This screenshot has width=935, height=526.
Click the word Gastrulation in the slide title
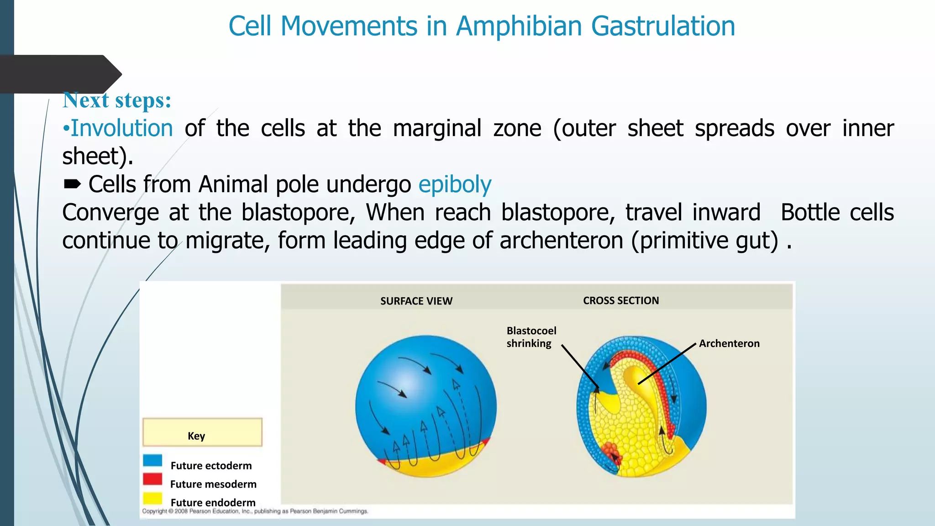coord(663,26)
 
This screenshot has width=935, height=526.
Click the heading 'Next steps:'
coord(117,100)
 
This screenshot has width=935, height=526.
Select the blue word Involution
coord(122,128)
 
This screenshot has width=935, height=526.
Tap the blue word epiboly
coord(455,185)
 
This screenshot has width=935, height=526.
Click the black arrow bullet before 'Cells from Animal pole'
coord(72,184)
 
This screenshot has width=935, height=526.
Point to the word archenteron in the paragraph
coord(561,241)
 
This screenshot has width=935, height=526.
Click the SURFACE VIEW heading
coord(416,301)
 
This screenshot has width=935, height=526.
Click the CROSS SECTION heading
coord(620,301)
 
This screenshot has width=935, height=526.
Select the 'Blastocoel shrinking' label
coord(531,337)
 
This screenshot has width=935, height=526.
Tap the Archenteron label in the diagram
coord(729,344)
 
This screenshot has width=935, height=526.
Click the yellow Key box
coord(202,432)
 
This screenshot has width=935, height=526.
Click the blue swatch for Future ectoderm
coord(152,460)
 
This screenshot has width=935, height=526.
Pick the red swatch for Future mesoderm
coord(152,479)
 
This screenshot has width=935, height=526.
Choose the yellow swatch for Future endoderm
coord(152,498)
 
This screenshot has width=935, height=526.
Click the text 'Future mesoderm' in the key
coord(213,484)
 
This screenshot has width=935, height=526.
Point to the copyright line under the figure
coord(255,511)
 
